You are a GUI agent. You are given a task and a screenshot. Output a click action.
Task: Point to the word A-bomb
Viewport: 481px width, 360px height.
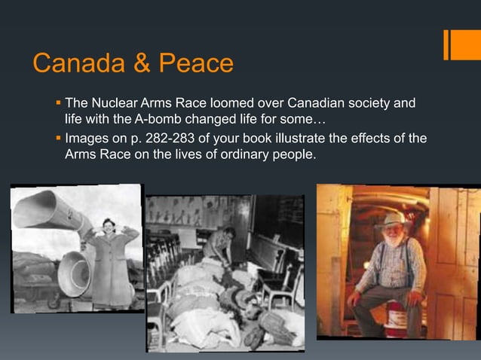click(x=157, y=119)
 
